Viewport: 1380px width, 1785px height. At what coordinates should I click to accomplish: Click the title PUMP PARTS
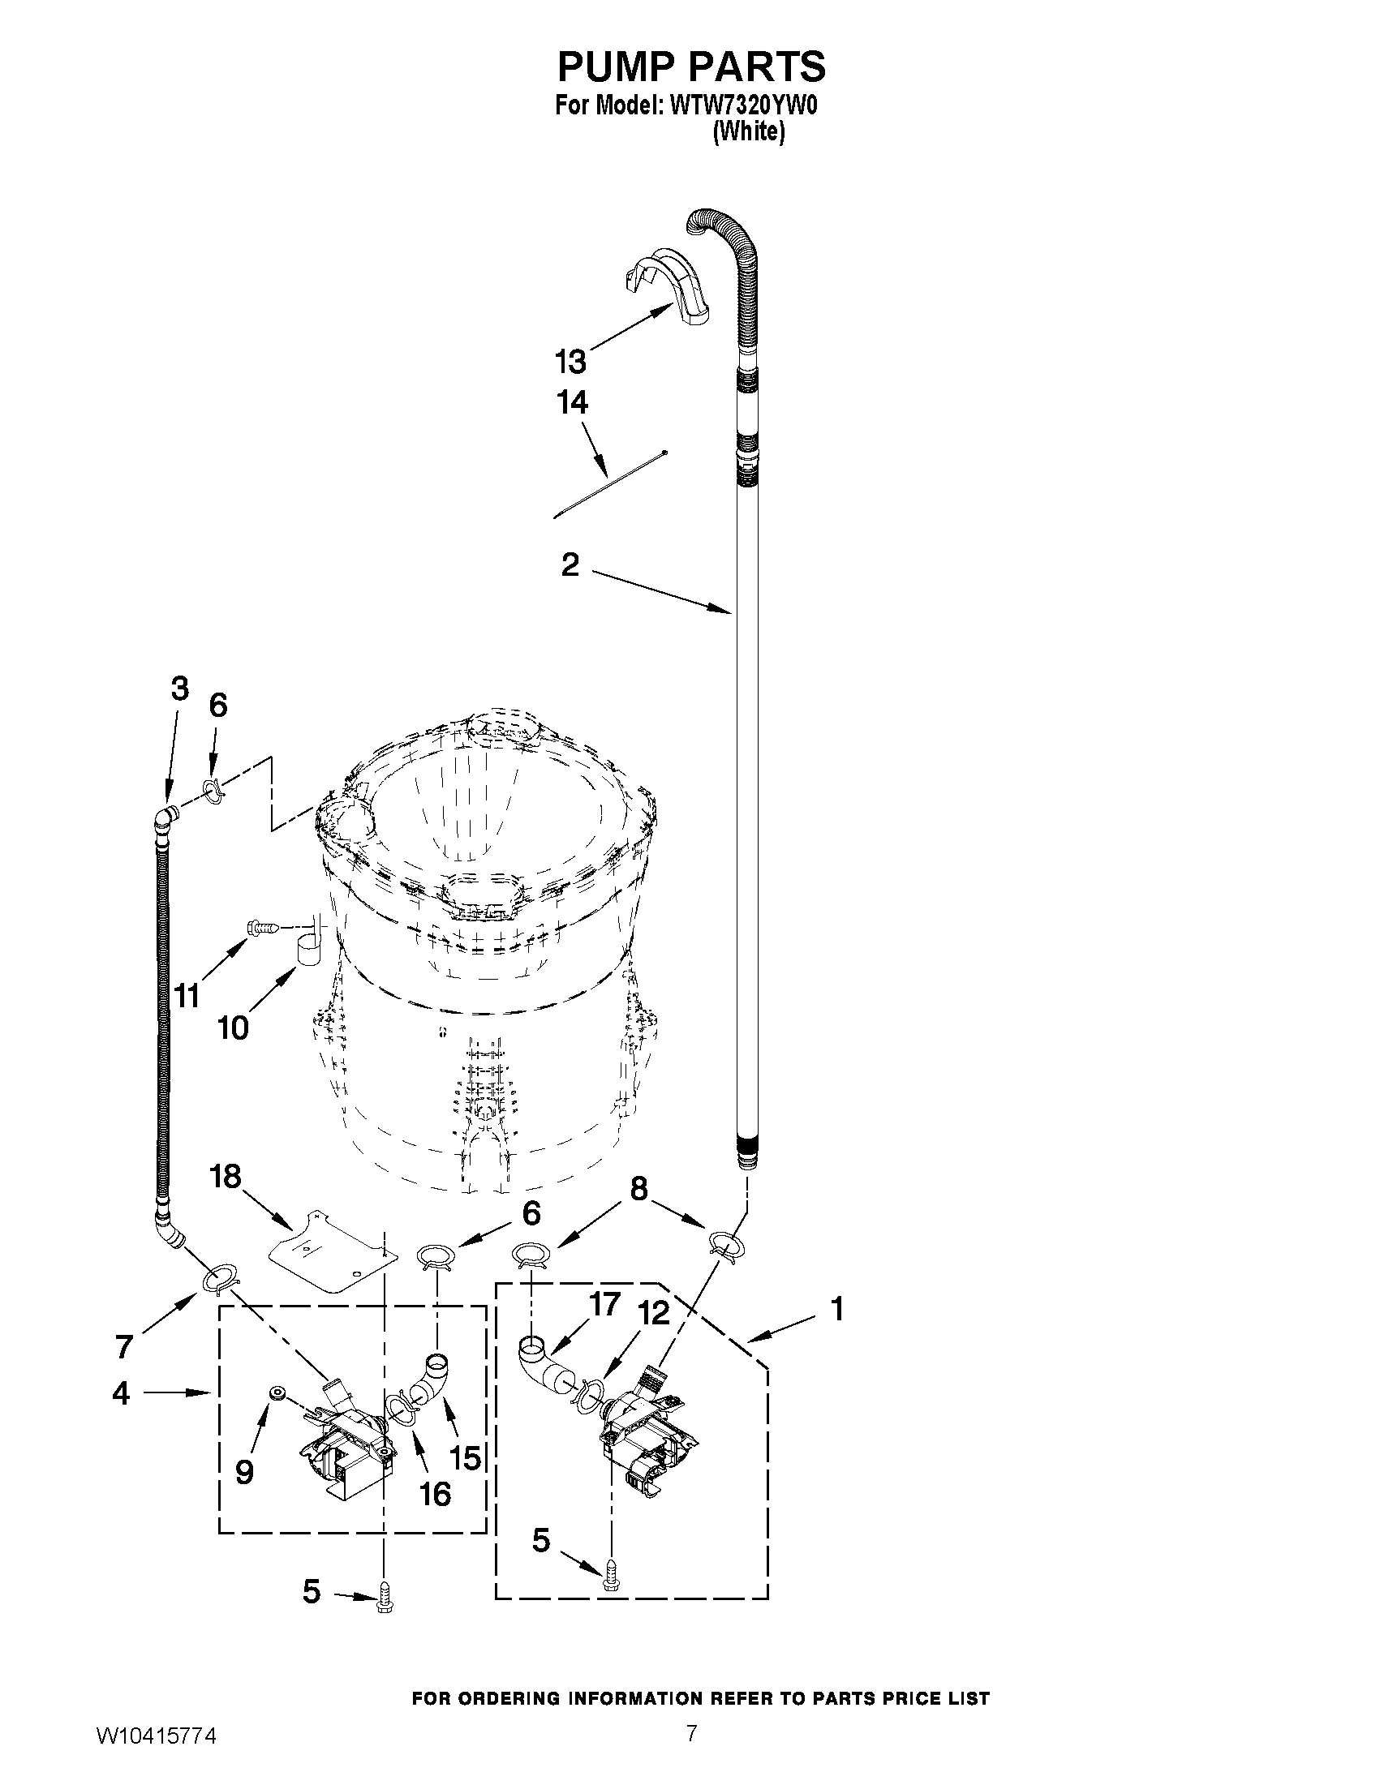(691, 67)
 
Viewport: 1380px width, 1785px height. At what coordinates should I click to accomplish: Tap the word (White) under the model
(748, 131)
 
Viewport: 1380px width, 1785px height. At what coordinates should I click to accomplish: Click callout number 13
(570, 360)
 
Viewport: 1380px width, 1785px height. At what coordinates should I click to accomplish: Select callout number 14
(572, 403)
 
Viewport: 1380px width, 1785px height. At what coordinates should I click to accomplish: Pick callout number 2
(570, 564)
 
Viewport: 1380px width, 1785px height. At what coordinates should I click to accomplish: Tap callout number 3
(180, 689)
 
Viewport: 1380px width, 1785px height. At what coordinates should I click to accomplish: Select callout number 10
(233, 1028)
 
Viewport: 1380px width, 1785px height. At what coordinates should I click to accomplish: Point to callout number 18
(225, 1176)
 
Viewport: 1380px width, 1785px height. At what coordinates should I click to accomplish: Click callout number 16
(435, 1493)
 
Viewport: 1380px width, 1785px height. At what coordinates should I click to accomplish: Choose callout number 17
(605, 1304)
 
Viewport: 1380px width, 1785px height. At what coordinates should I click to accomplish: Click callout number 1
(836, 1308)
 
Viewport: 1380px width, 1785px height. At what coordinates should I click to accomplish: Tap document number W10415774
(156, 1753)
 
